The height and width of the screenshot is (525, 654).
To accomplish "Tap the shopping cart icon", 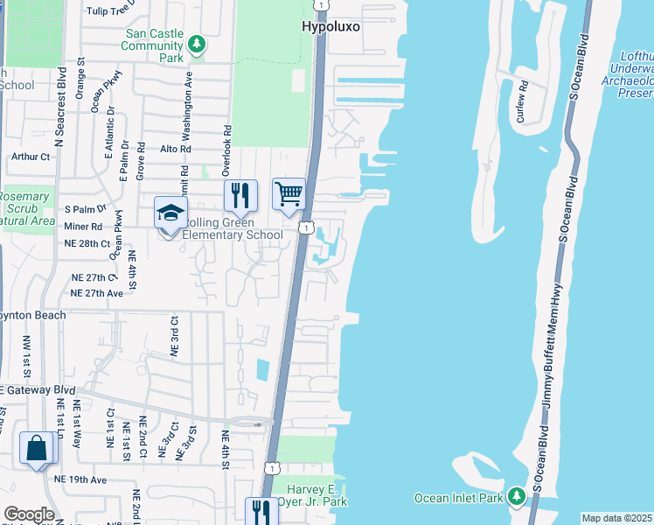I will click(x=289, y=193).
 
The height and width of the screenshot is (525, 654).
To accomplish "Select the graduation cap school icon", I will click(x=170, y=213).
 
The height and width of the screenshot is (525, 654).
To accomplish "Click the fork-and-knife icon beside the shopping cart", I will click(x=240, y=194).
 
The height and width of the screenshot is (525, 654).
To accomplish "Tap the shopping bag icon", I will click(x=38, y=448).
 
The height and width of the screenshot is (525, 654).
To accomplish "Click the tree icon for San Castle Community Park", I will click(x=198, y=43).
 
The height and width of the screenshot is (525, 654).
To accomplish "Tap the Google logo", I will click(x=29, y=514).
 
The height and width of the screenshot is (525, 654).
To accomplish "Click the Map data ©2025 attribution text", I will click(x=616, y=518).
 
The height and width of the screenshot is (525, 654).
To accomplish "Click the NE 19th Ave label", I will click(x=80, y=479).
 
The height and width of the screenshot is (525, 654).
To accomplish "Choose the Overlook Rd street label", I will click(x=226, y=150).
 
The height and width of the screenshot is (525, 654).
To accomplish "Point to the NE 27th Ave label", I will click(x=97, y=293).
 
